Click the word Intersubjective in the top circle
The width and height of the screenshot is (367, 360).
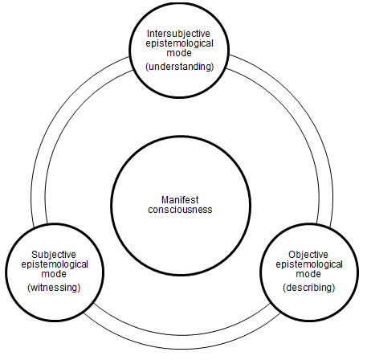point(179,34)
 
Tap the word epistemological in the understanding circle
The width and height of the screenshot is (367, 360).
point(179,43)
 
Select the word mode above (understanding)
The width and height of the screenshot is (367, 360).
point(179,53)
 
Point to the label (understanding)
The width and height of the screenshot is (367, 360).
point(180,67)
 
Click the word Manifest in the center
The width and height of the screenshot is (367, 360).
point(180,200)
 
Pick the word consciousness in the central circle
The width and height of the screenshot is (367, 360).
point(180,210)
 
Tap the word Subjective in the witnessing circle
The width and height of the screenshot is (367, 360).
point(54,255)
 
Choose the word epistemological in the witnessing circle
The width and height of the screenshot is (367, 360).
point(55,264)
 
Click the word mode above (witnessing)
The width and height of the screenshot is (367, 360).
point(54,274)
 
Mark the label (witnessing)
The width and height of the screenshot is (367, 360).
point(54,288)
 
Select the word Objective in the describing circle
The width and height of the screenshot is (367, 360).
point(308,255)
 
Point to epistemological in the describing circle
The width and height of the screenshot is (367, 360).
point(309,264)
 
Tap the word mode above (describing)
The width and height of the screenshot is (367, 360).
point(308,274)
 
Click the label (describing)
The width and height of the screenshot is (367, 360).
point(309,288)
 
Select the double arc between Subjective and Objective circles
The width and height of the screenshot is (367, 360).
point(182,342)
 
